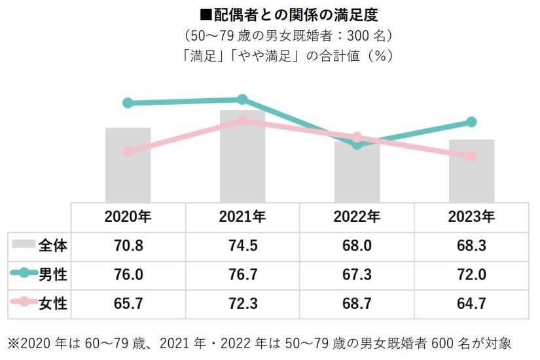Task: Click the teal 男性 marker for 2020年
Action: click(x=128, y=103)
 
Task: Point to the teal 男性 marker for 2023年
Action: click(x=471, y=122)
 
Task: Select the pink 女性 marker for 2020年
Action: click(x=128, y=151)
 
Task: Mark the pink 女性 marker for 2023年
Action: click(x=471, y=156)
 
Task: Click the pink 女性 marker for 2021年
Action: click(x=242, y=120)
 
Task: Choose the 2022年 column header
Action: click(x=357, y=217)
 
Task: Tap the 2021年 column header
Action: click(x=242, y=217)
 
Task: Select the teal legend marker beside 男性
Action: click(x=24, y=274)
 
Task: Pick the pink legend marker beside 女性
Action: click(x=24, y=302)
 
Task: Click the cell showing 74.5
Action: click(x=242, y=246)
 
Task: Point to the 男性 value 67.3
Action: click(x=357, y=274)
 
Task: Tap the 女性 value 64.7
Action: click(x=471, y=302)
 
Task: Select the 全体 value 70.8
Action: click(x=128, y=246)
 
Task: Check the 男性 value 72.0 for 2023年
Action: click(x=471, y=274)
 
